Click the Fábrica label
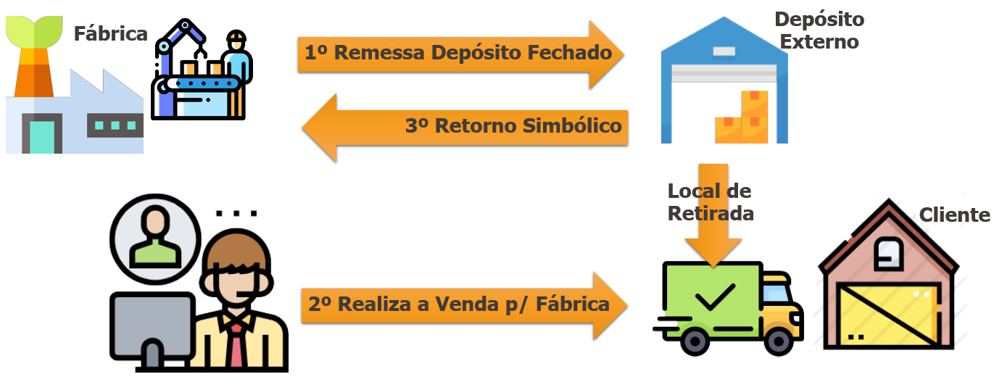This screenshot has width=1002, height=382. pos(110,33)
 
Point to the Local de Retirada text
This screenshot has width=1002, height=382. pos(710,202)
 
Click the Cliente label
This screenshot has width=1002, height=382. pos(954,215)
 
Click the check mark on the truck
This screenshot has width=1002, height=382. pos(714,296)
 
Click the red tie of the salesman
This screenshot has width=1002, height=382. pos(236,348)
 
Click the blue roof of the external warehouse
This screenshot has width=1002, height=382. pos(724,40)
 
